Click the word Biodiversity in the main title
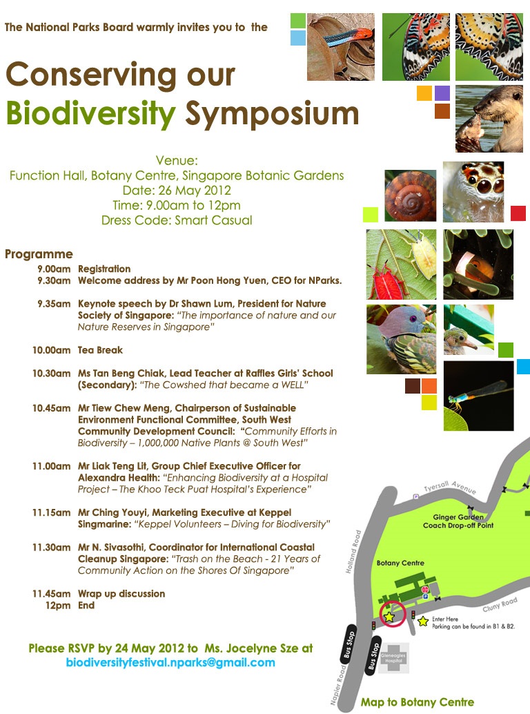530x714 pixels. [90, 113]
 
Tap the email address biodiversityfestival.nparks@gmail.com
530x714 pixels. [170, 662]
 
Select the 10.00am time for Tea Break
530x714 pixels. [51, 350]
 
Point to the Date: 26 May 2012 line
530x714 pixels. [176, 191]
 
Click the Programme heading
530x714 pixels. [39, 254]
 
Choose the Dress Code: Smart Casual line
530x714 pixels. [176, 221]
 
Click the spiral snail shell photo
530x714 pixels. [411, 195]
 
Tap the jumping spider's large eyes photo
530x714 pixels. [473, 191]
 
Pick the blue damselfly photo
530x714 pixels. [478, 396]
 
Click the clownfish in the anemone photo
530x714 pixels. [478, 264]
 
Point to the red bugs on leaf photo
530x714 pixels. [401, 264]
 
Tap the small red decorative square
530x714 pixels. [518, 213]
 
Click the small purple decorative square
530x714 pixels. [442, 93]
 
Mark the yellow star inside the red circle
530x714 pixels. [389, 617]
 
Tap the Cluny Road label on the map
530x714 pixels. [500, 606]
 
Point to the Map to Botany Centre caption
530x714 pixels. [417, 702]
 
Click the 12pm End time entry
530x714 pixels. [58, 606]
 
